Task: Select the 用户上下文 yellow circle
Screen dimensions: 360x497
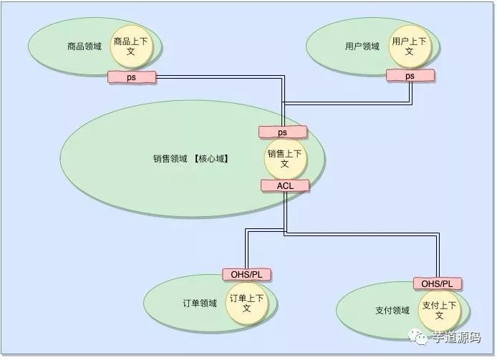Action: tap(409, 47)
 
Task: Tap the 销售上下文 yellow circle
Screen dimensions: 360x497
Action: tap(284, 159)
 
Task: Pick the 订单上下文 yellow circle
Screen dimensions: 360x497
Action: tap(246, 303)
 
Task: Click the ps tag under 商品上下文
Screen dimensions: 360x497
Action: tap(132, 76)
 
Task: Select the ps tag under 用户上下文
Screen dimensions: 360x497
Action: tap(410, 75)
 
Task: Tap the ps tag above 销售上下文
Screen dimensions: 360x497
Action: tap(282, 132)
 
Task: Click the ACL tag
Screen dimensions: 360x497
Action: tap(285, 185)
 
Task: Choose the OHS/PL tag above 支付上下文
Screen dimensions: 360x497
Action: tap(437, 283)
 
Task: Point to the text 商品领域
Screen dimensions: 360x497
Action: tap(85, 47)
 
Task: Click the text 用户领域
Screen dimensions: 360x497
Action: tap(362, 47)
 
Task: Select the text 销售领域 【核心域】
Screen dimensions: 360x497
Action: tap(190, 159)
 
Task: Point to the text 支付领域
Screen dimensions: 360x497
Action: tap(392, 311)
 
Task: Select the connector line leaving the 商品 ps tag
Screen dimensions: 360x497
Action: tap(215, 76)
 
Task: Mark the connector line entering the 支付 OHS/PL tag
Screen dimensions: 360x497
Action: tap(438, 258)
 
